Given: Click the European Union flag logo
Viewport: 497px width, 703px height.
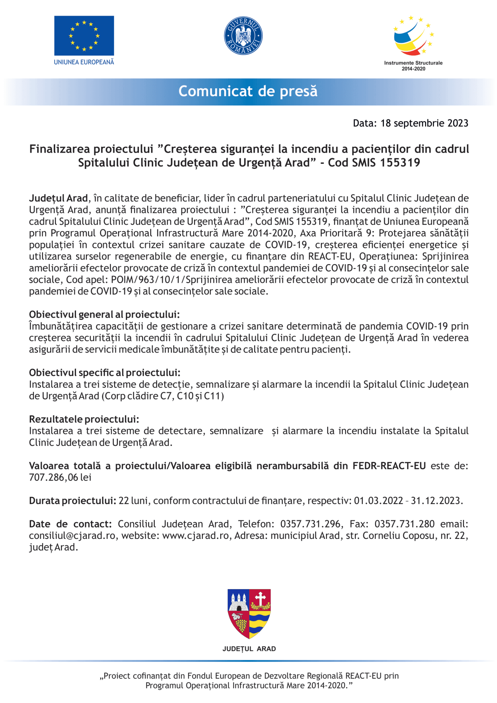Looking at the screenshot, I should (x=84, y=36).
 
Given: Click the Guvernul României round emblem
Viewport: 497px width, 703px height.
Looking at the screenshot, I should (x=243, y=36).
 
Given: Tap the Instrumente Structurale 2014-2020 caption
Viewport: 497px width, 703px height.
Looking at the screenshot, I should (x=413, y=66).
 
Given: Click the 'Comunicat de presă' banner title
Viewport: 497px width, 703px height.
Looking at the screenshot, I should (x=248, y=91).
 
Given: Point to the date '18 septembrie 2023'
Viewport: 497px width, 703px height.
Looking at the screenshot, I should (x=424, y=123).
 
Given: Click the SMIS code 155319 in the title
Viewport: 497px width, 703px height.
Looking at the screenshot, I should (x=400, y=162).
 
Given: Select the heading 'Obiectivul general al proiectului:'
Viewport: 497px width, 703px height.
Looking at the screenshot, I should (x=104, y=314).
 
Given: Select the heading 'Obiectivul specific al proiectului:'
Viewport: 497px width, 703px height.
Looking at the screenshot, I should (x=105, y=373).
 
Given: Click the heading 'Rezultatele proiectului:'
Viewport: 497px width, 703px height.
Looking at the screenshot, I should (x=84, y=419).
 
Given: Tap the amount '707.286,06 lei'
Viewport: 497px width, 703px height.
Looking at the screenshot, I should (x=60, y=477).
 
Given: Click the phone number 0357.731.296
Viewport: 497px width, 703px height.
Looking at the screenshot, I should (x=310, y=524).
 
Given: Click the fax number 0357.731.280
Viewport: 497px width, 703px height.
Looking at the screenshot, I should (x=404, y=524).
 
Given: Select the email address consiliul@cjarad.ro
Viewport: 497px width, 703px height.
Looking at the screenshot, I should (x=72, y=536).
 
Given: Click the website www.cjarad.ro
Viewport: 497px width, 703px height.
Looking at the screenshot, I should (x=196, y=536).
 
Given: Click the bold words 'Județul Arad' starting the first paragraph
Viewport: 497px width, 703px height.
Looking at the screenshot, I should (x=59, y=198).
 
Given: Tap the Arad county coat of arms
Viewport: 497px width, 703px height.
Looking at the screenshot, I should (x=249, y=613).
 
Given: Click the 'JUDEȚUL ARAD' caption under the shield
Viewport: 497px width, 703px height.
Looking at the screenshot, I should (x=249, y=649).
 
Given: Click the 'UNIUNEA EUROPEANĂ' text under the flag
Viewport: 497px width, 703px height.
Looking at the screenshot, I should (x=84, y=62).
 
